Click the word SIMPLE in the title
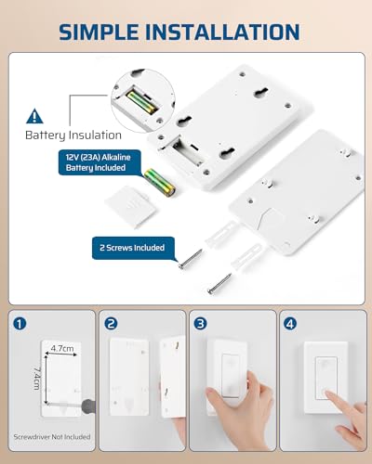99,32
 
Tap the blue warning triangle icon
34,116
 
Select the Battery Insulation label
73,135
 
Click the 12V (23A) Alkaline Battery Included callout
100,162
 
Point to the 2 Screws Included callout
132,248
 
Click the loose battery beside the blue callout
160,183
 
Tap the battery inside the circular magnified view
140,101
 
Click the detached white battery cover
130,207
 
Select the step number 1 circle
20,324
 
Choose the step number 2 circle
111,324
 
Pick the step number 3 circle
200,324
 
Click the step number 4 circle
290,324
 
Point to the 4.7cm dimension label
62,349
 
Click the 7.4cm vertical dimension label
37,379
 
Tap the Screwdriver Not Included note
52,437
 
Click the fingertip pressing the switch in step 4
326,393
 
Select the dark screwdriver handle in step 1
88,406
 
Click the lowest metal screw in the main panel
219,283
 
